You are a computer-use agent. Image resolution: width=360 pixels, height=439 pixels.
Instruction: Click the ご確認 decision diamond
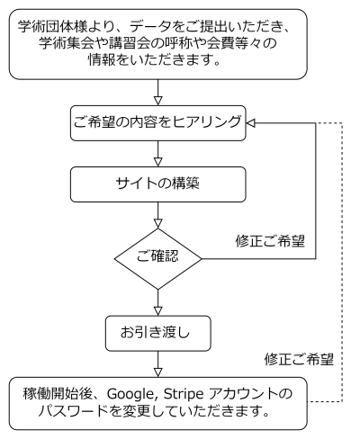(x=157, y=259)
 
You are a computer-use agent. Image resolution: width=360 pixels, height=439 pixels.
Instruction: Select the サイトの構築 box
(x=158, y=184)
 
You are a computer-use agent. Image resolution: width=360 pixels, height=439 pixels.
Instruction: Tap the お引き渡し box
(x=158, y=333)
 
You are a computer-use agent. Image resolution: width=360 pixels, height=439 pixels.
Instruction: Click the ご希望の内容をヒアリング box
(x=158, y=123)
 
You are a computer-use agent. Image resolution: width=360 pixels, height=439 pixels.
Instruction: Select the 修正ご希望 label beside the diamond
(x=270, y=241)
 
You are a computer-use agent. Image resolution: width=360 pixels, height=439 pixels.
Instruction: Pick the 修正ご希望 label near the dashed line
(x=299, y=359)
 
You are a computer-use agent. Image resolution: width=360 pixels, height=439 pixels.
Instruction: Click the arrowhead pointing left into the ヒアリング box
(x=251, y=123)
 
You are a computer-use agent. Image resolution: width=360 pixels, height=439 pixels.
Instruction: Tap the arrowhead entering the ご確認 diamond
(x=157, y=224)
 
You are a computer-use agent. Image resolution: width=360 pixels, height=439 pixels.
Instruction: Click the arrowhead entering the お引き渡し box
(x=157, y=311)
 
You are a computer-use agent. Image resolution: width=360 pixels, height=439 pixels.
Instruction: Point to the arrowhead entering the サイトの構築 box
(x=157, y=162)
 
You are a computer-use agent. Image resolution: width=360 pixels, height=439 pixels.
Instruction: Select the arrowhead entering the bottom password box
(x=157, y=372)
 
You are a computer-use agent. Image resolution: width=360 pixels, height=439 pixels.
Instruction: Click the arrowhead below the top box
(x=157, y=101)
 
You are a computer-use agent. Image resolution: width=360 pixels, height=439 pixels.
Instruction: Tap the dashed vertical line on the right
(x=342, y=262)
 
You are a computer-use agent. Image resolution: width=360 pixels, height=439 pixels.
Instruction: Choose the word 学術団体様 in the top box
(x=53, y=27)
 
